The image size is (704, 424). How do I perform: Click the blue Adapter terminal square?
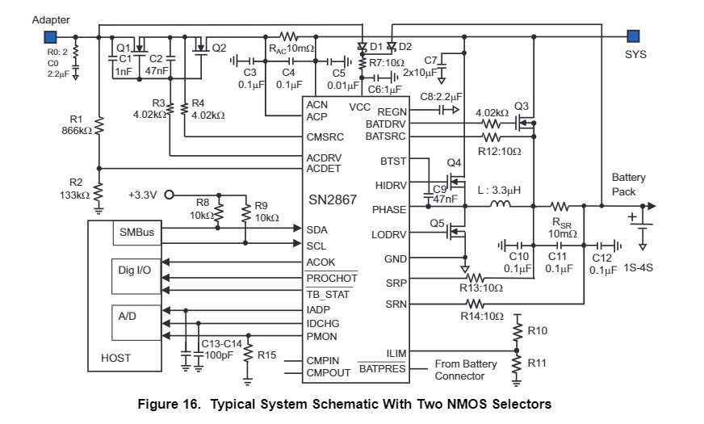point(50,36)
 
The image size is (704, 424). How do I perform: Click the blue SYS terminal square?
point(634,36)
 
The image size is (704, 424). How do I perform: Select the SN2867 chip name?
point(332,199)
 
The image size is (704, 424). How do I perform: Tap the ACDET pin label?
point(325,168)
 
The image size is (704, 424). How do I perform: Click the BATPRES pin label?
point(382,368)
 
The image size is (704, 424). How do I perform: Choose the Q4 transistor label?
point(454,162)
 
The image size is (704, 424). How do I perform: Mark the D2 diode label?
point(404,46)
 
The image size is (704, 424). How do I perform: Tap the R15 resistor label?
point(266,353)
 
